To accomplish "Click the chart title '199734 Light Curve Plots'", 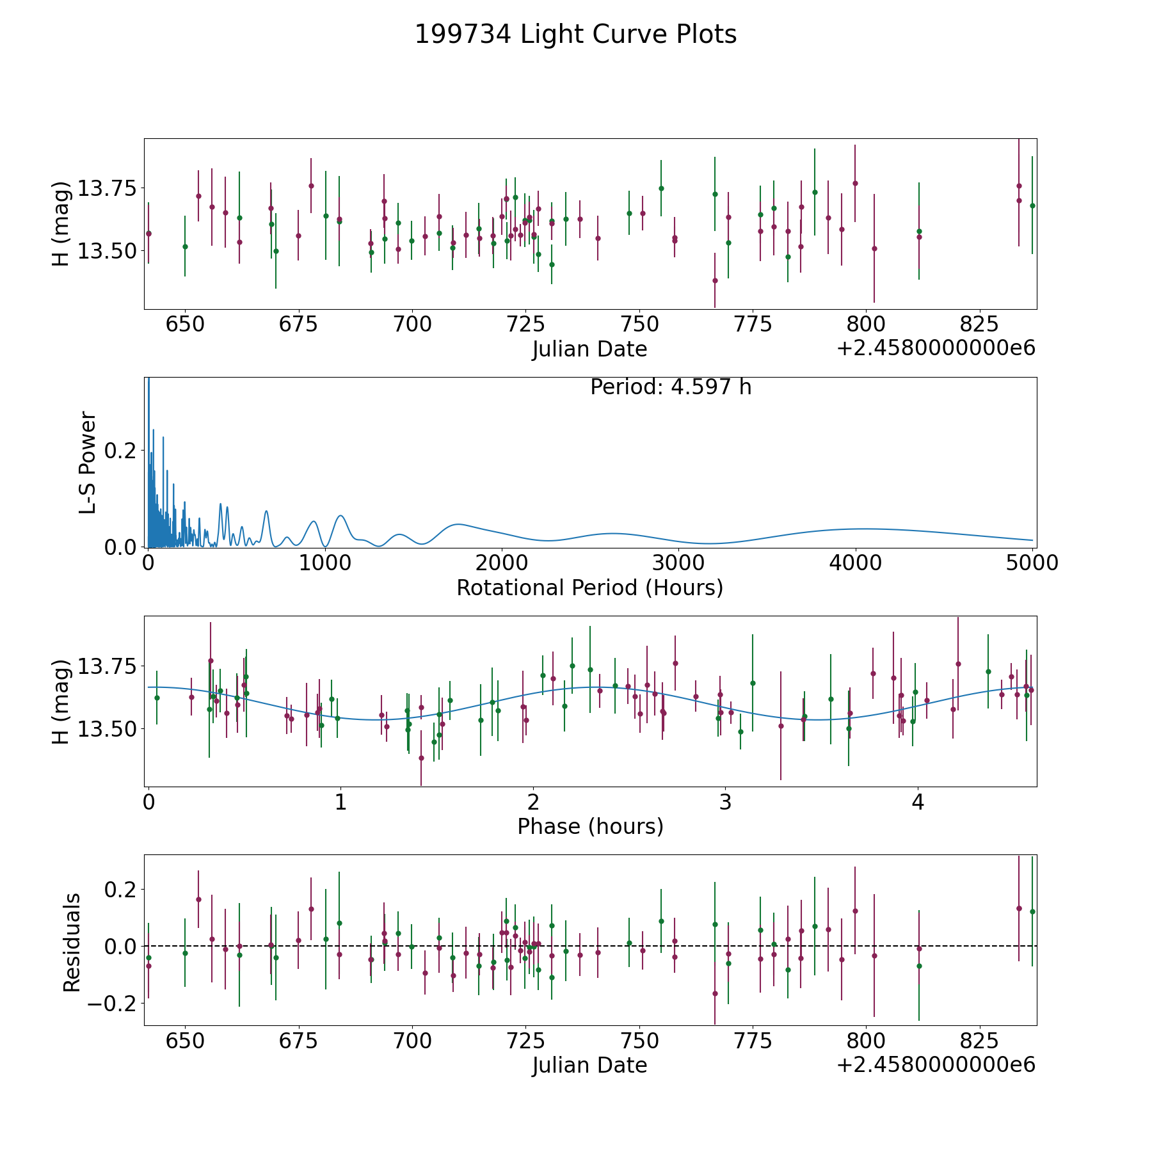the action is point(575,35).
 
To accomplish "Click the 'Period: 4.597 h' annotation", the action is point(671,387).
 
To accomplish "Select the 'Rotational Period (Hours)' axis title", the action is point(589,588).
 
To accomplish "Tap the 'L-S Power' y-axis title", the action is point(88,462).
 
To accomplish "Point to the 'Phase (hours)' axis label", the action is point(590,826).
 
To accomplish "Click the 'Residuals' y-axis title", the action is point(72,942).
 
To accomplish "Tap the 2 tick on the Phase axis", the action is point(532,802).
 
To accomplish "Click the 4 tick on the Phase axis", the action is point(918,802).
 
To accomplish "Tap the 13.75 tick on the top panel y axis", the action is point(107,189).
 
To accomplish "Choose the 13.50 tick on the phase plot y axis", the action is point(107,729).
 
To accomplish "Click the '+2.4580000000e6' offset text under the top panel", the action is point(936,348).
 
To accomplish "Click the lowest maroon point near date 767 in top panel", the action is point(715,280).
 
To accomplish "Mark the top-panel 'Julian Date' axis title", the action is point(589,349).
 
